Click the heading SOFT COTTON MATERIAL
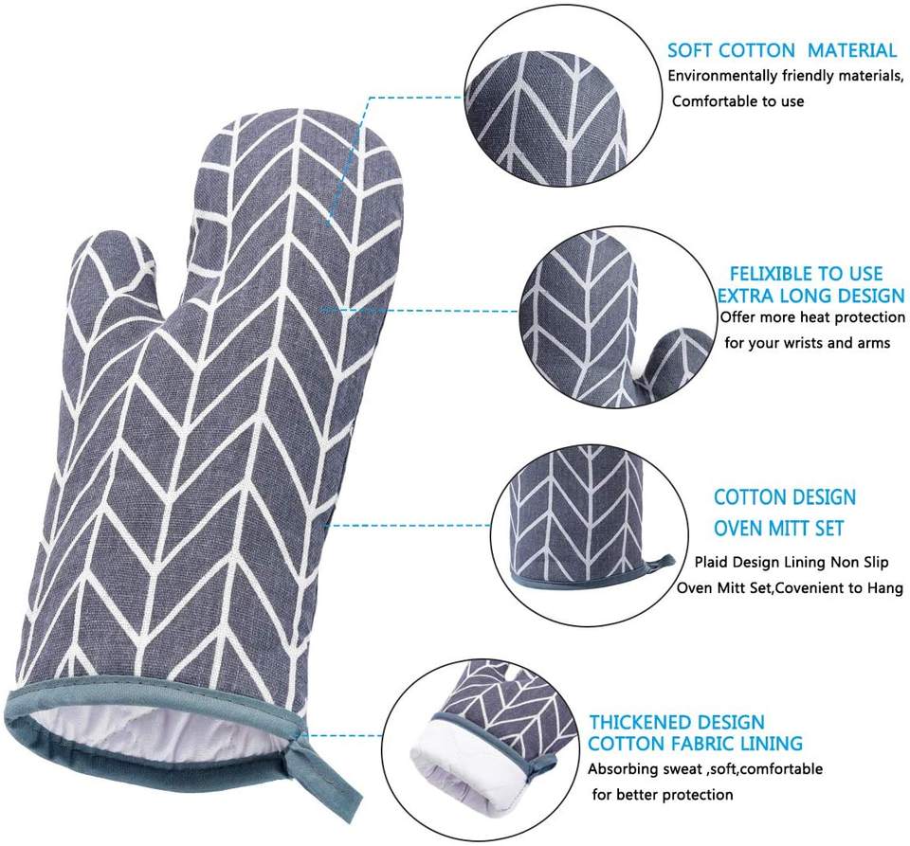[x=781, y=50]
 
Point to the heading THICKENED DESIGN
[x=677, y=723]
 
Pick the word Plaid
[x=714, y=563]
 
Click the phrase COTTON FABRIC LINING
[x=696, y=744]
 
